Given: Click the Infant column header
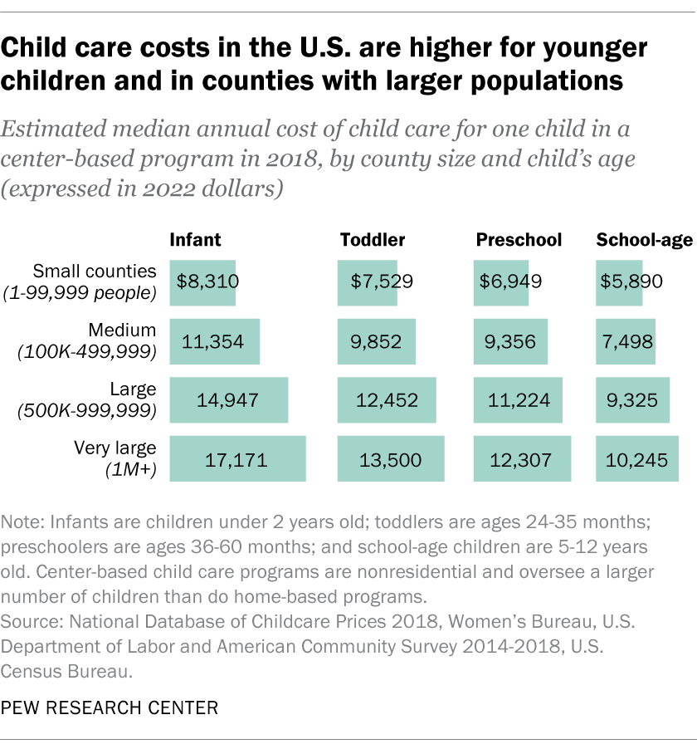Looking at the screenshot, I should click(x=195, y=241).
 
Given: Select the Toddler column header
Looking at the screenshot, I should click(x=373, y=241).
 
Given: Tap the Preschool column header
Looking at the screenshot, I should click(x=519, y=241).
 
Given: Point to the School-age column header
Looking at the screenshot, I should click(x=645, y=241).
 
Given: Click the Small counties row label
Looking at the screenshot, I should click(x=94, y=271).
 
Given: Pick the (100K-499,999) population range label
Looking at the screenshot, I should click(x=87, y=351).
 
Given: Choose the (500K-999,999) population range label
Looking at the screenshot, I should click(x=87, y=410).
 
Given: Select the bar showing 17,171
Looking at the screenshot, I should click(x=237, y=459).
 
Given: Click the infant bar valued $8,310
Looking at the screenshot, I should click(x=203, y=281).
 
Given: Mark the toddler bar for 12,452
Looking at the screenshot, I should click(x=387, y=400).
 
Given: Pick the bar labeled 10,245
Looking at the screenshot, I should click(x=637, y=459).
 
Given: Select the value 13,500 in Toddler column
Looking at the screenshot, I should click(x=391, y=460).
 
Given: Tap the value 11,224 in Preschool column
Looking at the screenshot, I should click(x=515, y=401).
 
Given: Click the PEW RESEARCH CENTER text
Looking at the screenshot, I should click(x=110, y=708).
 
